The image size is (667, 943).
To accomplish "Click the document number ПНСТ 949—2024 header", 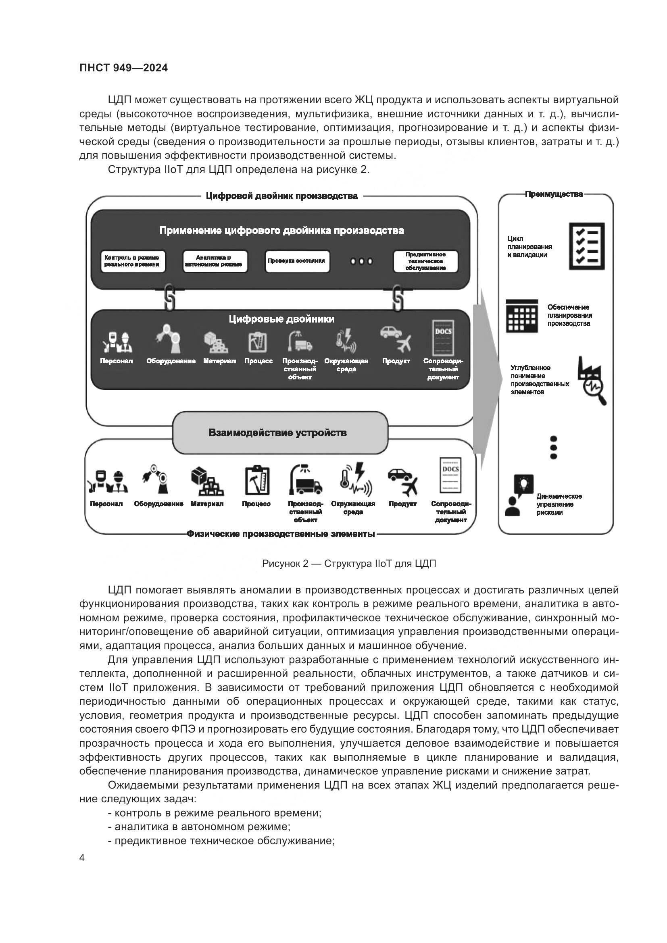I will click(124, 68).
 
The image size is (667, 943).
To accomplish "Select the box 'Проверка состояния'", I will click(297, 261).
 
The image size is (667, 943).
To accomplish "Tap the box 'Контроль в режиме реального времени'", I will click(132, 261).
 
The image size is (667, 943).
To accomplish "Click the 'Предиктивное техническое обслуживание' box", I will click(425, 261).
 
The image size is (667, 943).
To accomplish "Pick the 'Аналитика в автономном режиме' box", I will click(215, 261).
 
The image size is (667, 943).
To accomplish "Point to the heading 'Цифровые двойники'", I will click(281, 319).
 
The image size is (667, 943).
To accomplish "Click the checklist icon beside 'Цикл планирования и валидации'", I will click(586, 246).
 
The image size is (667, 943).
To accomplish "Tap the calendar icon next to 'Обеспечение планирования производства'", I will click(521, 316).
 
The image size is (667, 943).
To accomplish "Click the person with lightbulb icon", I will click(518, 495).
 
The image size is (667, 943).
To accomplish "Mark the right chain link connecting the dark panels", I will click(397, 298).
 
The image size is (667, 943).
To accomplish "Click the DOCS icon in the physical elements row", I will click(450, 475).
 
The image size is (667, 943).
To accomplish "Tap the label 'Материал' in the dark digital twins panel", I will click(219, 361).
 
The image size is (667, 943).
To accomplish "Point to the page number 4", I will click(82, 858).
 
